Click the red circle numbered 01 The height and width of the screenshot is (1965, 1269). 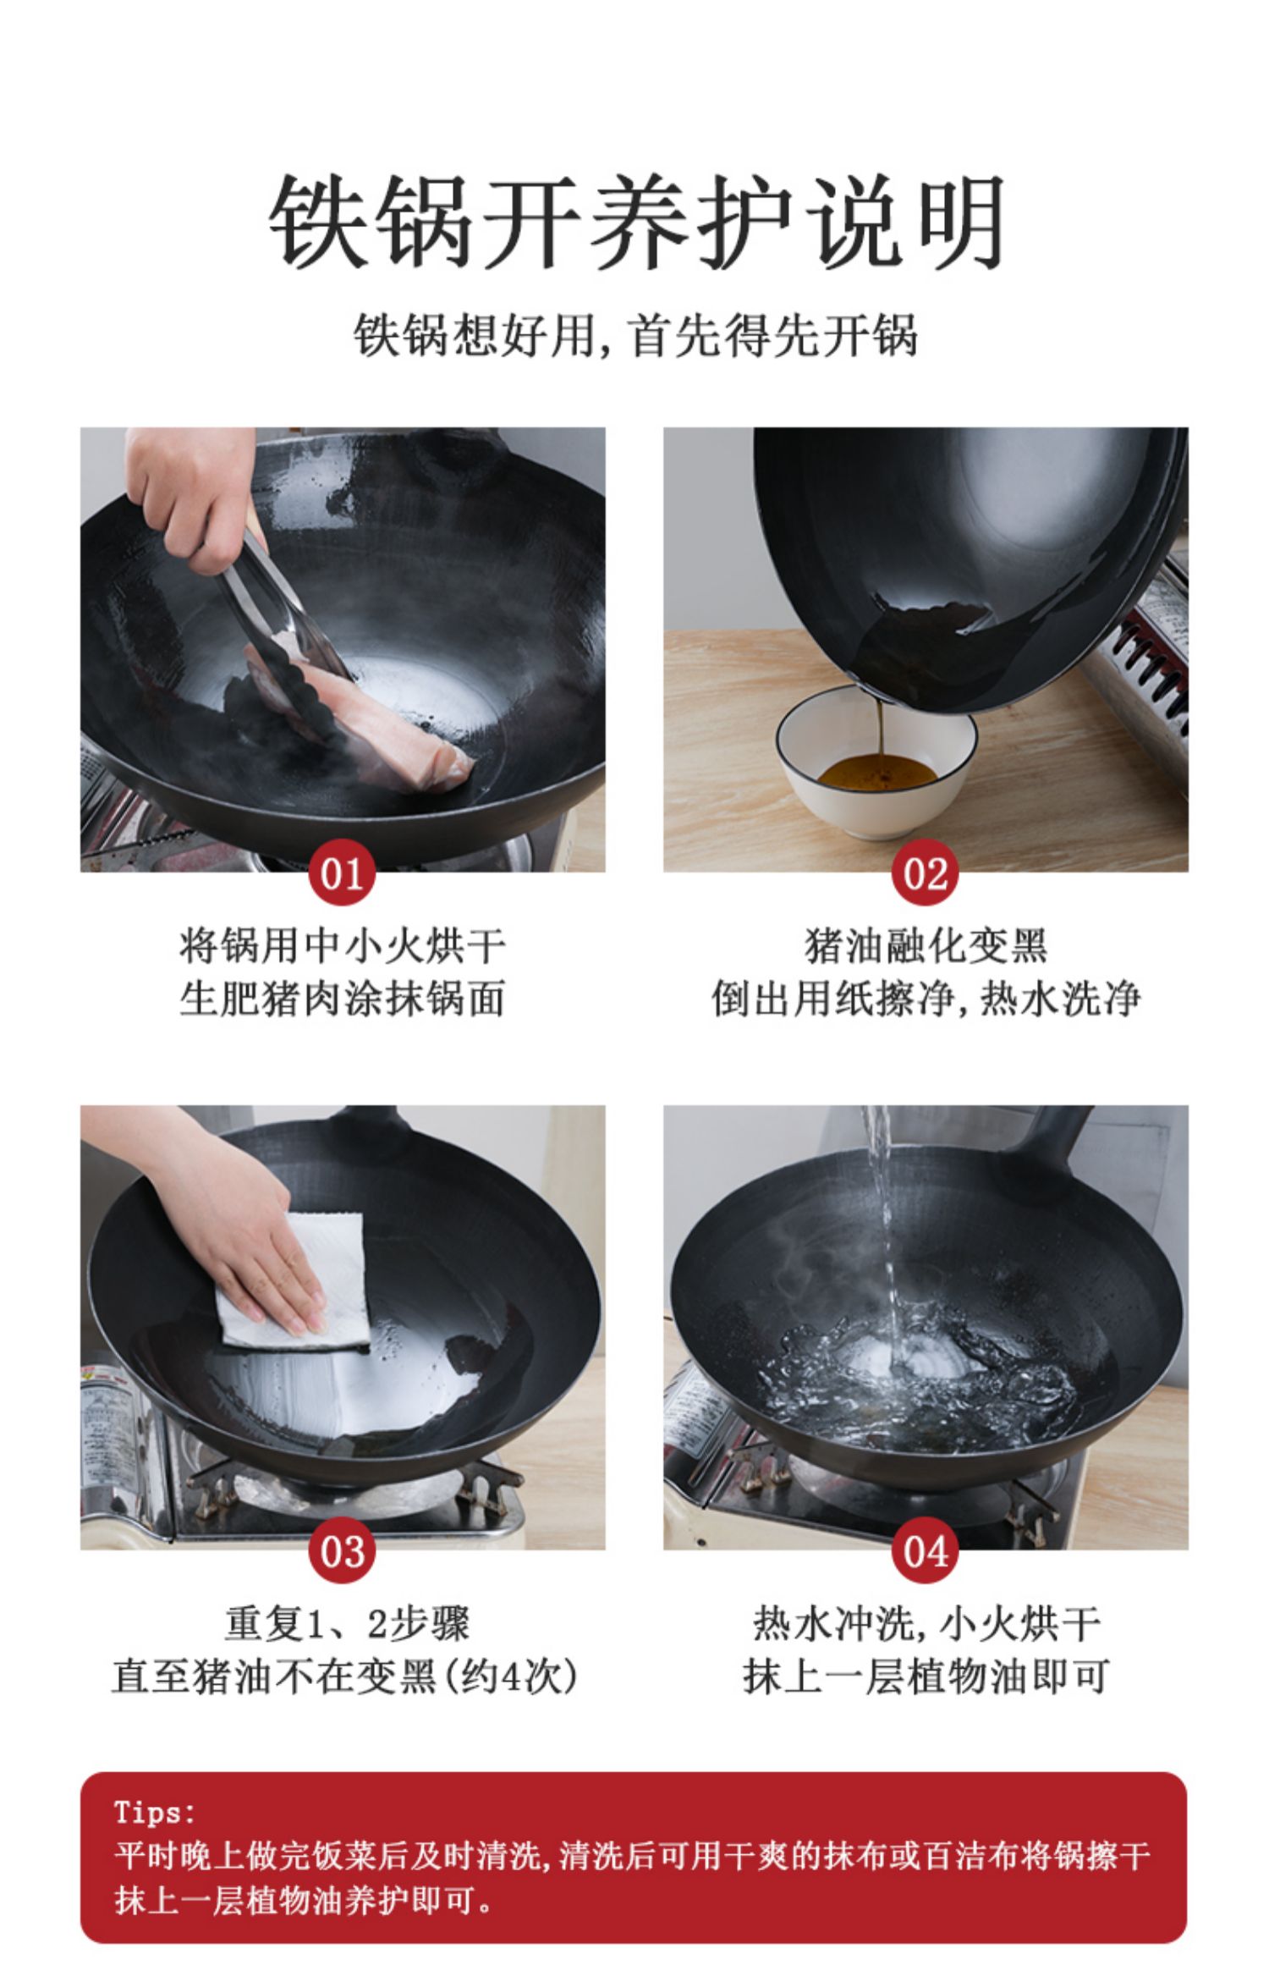tap(342, 872)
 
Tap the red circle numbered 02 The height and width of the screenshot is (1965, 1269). tap(925, 872)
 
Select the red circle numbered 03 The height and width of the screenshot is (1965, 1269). tap(342, 1550)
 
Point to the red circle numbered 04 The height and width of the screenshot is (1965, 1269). tap(925, 1550)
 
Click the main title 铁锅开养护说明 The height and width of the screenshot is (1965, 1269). tap(635, 222)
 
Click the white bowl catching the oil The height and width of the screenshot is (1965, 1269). tap(877, 762)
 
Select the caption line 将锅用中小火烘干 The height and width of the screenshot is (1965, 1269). tap(342, 946)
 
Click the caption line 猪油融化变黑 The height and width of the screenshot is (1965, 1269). tap(926, 946)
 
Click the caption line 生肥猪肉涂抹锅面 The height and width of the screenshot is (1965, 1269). tap(342, 999)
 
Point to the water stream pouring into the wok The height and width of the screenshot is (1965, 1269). tap(882, 1219)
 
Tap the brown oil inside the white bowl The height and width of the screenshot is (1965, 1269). tap(877, 771)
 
